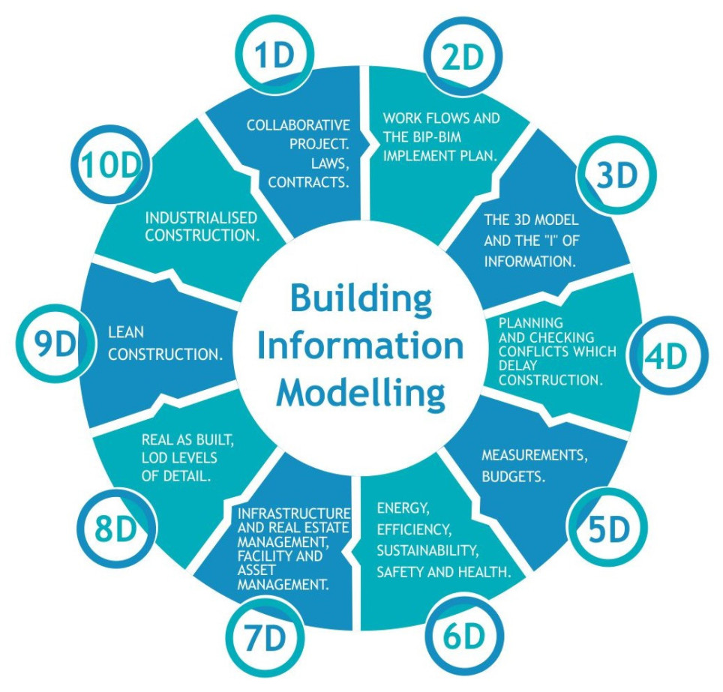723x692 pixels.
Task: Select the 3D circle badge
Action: coord(616,175)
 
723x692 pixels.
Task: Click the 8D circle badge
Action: coord(118,529)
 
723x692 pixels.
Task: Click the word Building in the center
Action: coord(361,298)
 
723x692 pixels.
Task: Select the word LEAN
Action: coord(126,331)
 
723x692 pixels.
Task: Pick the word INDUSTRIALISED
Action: coord(201,217)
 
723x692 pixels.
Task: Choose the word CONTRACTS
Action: coord(309,181)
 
